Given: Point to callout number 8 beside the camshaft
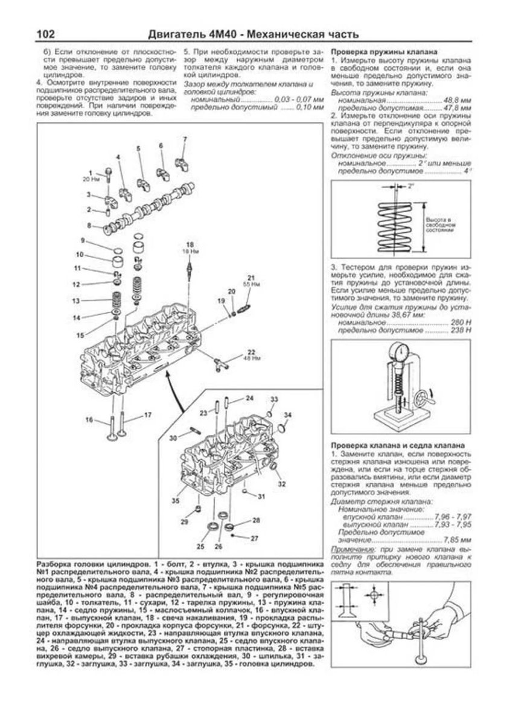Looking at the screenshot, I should click(89, 225).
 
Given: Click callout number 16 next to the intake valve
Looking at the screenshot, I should click(89, 420).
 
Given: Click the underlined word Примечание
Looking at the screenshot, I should click(351, 549).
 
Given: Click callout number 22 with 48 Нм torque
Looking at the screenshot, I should click(252, 351).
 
